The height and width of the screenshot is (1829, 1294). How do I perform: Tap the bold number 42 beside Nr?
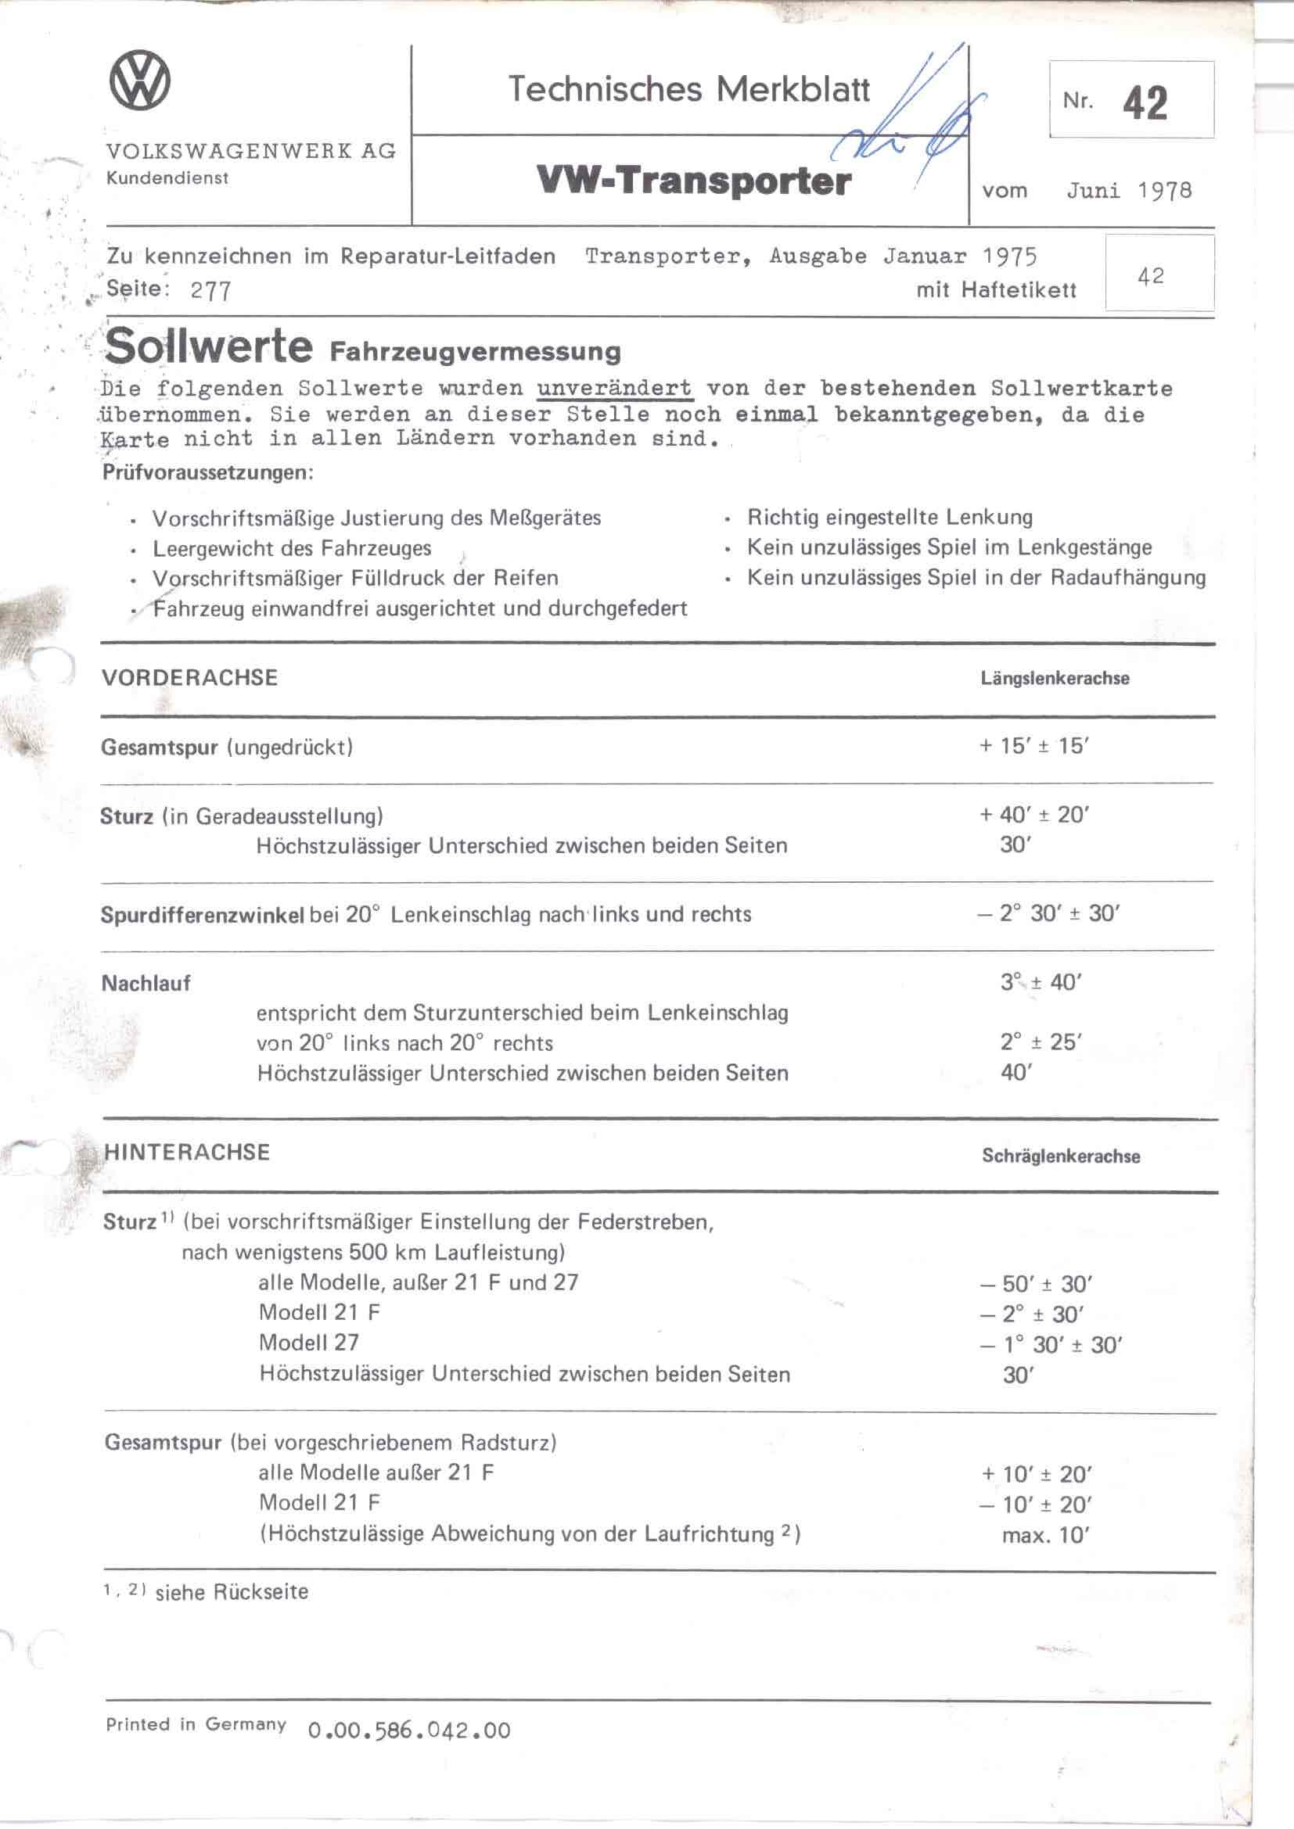click(x=1145, y=102)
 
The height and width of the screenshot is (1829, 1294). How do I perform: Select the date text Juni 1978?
click(x=1129, y=190)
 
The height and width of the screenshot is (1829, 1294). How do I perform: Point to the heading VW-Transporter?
click(x=694, y=181)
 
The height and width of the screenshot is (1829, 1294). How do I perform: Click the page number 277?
click(x=211, y=291)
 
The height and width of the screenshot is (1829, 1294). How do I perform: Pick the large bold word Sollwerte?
click(x=209, y=346)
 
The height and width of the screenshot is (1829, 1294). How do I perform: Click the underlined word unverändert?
click(x=614, y=389)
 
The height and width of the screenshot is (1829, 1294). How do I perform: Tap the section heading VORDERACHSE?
click(x=189, y=678)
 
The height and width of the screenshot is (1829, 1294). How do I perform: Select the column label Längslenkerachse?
click(x=1055, y=679)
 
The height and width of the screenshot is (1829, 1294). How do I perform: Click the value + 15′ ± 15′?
click(x=1034, y=747)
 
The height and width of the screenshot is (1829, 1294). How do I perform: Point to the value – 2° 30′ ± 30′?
click(x=1048, y=913)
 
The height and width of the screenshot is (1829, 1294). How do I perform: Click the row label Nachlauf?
click(x=146, y=984)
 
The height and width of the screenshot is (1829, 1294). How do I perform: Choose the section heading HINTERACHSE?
click(x=186, y=1152)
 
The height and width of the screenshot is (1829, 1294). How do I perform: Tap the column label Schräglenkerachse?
click(x=1061, y=1156)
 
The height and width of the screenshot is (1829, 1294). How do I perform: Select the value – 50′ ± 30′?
click(x=1036, y=1284)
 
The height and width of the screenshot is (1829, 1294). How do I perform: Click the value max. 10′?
click(x=1044, y=1535)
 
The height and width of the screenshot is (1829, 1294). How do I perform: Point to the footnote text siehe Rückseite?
click(x=231, y=1592)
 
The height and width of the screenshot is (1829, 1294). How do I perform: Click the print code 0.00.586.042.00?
click(x=408, y=1730)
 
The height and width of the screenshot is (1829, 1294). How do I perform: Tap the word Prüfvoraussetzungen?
click(x=208, y=472)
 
